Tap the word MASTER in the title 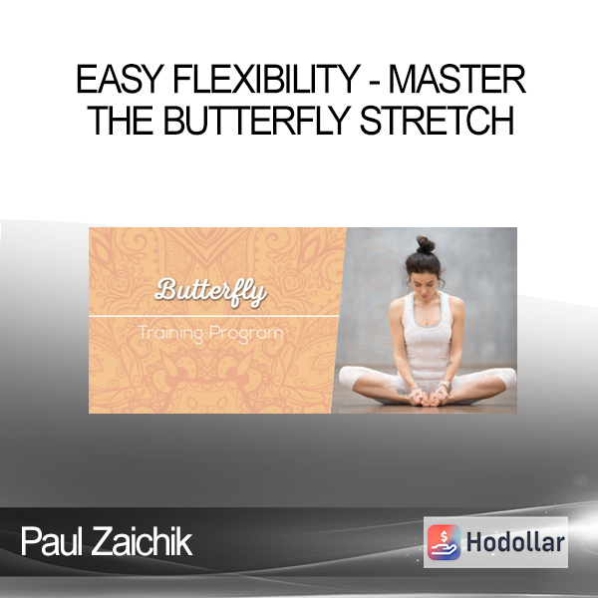coord(457,80)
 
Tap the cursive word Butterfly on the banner coord(211,292)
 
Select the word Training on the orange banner coord(170,334)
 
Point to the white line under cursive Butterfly coord(213,316)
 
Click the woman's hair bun coord(426,244)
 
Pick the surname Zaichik coord(142,541)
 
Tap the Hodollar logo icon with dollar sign coord(444,542)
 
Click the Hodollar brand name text coord(515,542)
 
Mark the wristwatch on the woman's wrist coord(445,385)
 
